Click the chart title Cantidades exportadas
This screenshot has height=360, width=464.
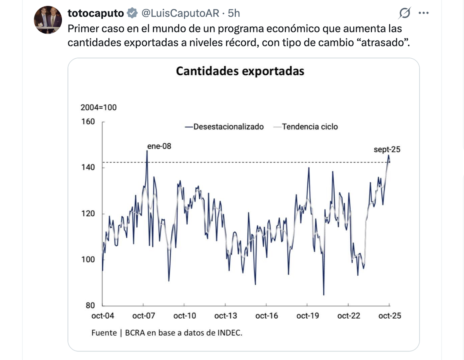pyautogui.click(x=240, y=71)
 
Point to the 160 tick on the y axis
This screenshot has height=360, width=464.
pyautogui.click(x=88, y=122)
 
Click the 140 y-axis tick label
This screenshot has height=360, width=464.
pyautogui.click(x=88, y=168)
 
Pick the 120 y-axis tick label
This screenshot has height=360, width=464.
pyautogui.click(x=88, y=214)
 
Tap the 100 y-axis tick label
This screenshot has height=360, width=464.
pyautogui.click(x=88, y=260)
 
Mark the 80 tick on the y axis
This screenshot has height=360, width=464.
pyautogui.click(x=90, y=306)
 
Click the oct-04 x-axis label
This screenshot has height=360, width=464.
pyautogui.click(x=103, y=316)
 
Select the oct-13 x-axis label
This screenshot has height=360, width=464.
pyautogui.click(x=226, y=316)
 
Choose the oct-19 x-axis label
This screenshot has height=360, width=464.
pyautogui.click(x=308, y=316)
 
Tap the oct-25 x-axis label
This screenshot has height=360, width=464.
pyautogui.click(x=390, y=316)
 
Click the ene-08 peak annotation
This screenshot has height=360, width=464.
pyautogui.click(x=159, y=146)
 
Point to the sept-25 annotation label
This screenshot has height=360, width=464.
pyautogui.click(x=387, y=149)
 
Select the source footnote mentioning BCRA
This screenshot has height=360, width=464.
pyautogui.click(x=167, y=333)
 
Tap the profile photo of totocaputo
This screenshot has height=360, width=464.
pyautogui.click(x=48, y=20)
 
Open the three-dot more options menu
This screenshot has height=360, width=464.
pyautogui.click(x=424, y=14)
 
